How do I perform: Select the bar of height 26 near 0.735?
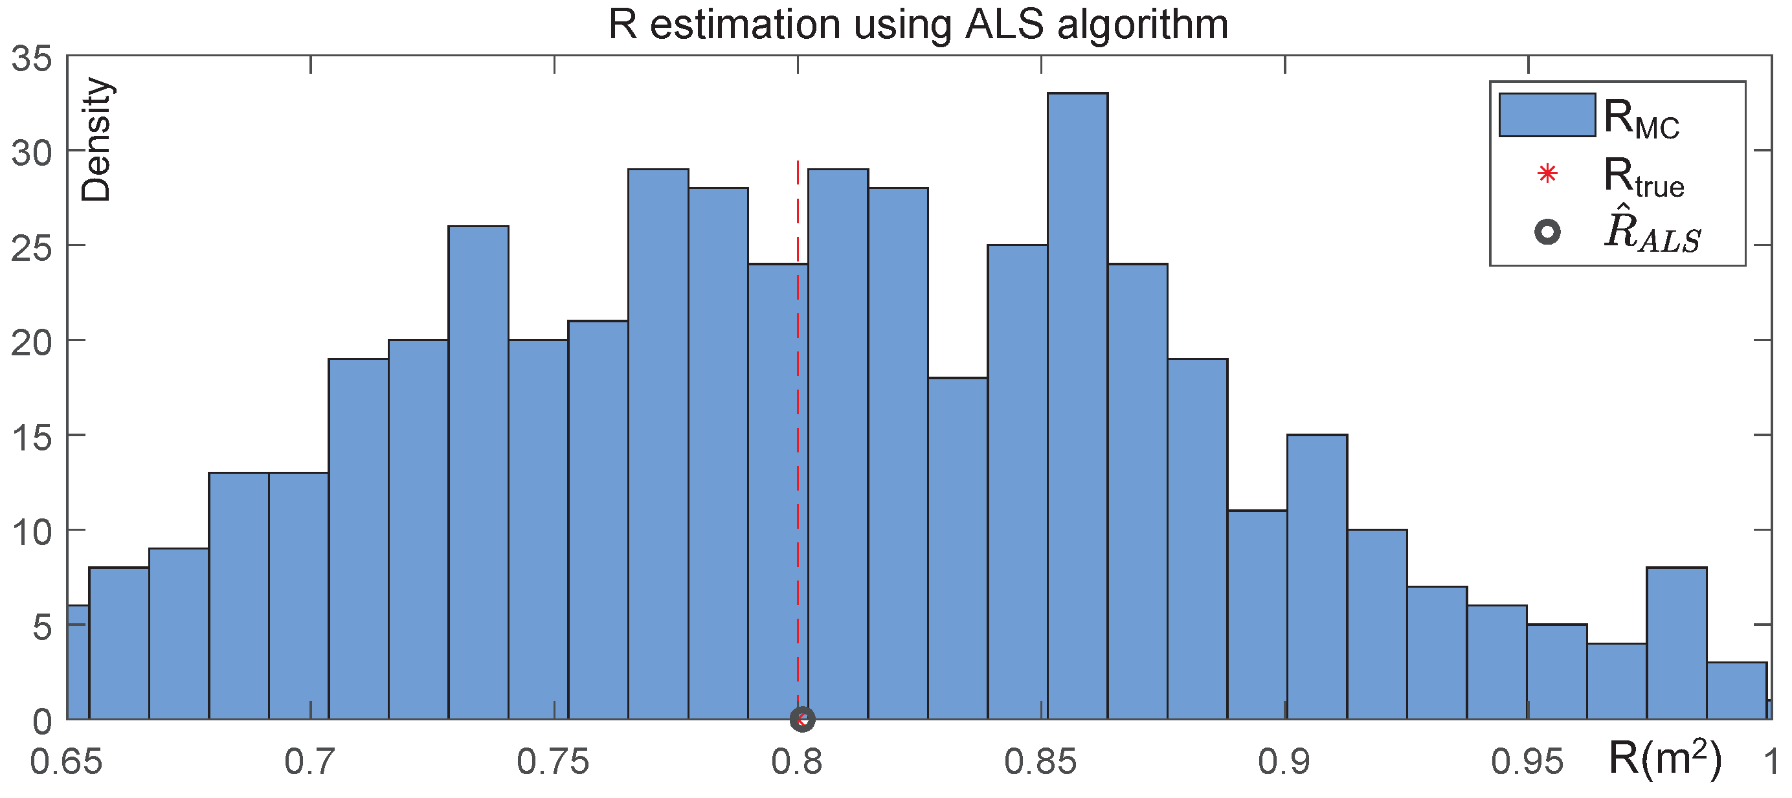(478, 473)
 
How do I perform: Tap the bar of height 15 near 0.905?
(1317, 577)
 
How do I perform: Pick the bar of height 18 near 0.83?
(958, 549)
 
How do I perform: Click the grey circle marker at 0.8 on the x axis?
(802, 720)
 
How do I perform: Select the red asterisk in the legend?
(1547, 174)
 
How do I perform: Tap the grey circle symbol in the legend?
(1547, 232)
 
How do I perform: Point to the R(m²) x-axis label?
(1664, 759)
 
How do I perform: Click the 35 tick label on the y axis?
(32, 58)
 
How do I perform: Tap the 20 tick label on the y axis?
(32, 343)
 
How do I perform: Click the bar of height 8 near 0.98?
(1677, 643)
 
